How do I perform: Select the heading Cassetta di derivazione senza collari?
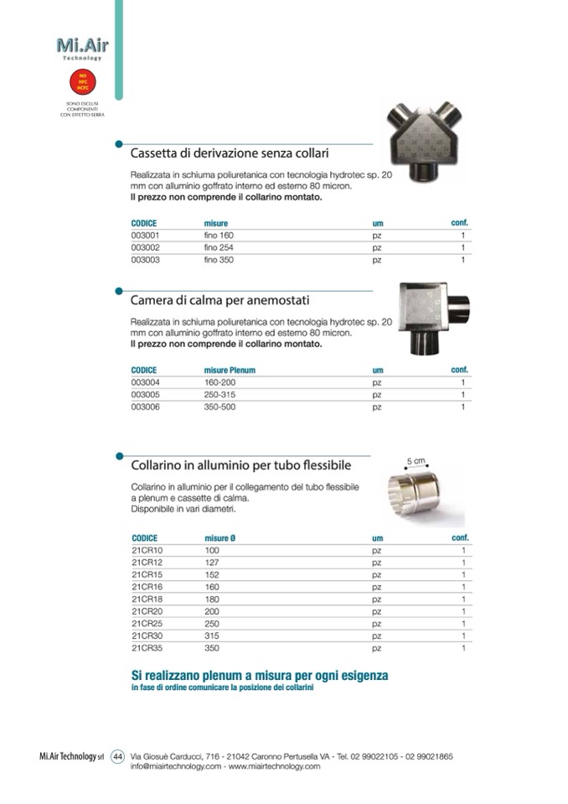(x=229, y=154)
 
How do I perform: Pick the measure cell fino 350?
(x=219, y=261)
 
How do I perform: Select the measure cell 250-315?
(x=221, y=395)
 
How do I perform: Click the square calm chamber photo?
(x=431, y=318)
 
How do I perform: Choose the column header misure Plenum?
(x=230, y=370)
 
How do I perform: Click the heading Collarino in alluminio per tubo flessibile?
(x=240, y=465)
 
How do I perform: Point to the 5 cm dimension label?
(x=416, y=461)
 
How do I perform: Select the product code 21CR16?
(x=146, y=588)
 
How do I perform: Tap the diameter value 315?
(x=211, y=636)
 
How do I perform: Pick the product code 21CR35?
(x=146, y=649)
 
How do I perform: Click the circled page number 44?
(x=118, y=756)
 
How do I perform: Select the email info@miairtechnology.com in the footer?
(x=176, y=766)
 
